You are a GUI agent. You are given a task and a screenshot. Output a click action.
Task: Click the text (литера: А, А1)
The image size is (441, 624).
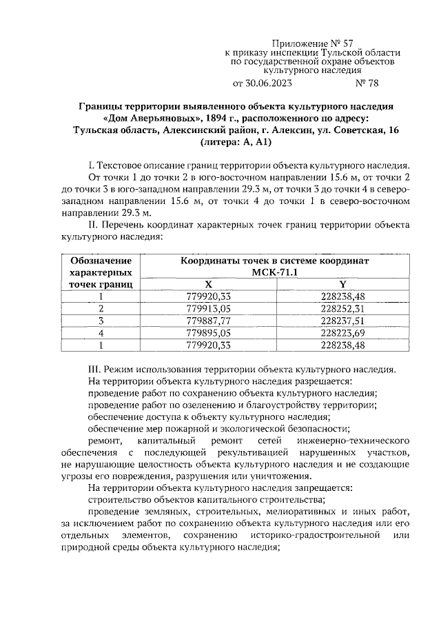click(236, 143)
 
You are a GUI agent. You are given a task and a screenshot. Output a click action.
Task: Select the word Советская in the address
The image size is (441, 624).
click(345, 130)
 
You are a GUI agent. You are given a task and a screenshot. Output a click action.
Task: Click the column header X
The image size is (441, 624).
click(209, 284)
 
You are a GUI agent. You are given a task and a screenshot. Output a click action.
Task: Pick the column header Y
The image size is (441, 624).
click(342, 284)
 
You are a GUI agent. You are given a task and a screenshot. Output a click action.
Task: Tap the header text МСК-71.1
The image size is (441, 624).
click(276, 272)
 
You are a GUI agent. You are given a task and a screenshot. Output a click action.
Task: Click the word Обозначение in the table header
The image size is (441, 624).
click(101, 261)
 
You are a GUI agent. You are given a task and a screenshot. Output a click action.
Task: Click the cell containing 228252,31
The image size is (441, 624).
click(342, 308)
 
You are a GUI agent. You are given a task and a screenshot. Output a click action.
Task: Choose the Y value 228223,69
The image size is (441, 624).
click(342, 333)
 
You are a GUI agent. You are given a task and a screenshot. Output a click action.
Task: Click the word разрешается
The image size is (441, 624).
click(325, 381)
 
